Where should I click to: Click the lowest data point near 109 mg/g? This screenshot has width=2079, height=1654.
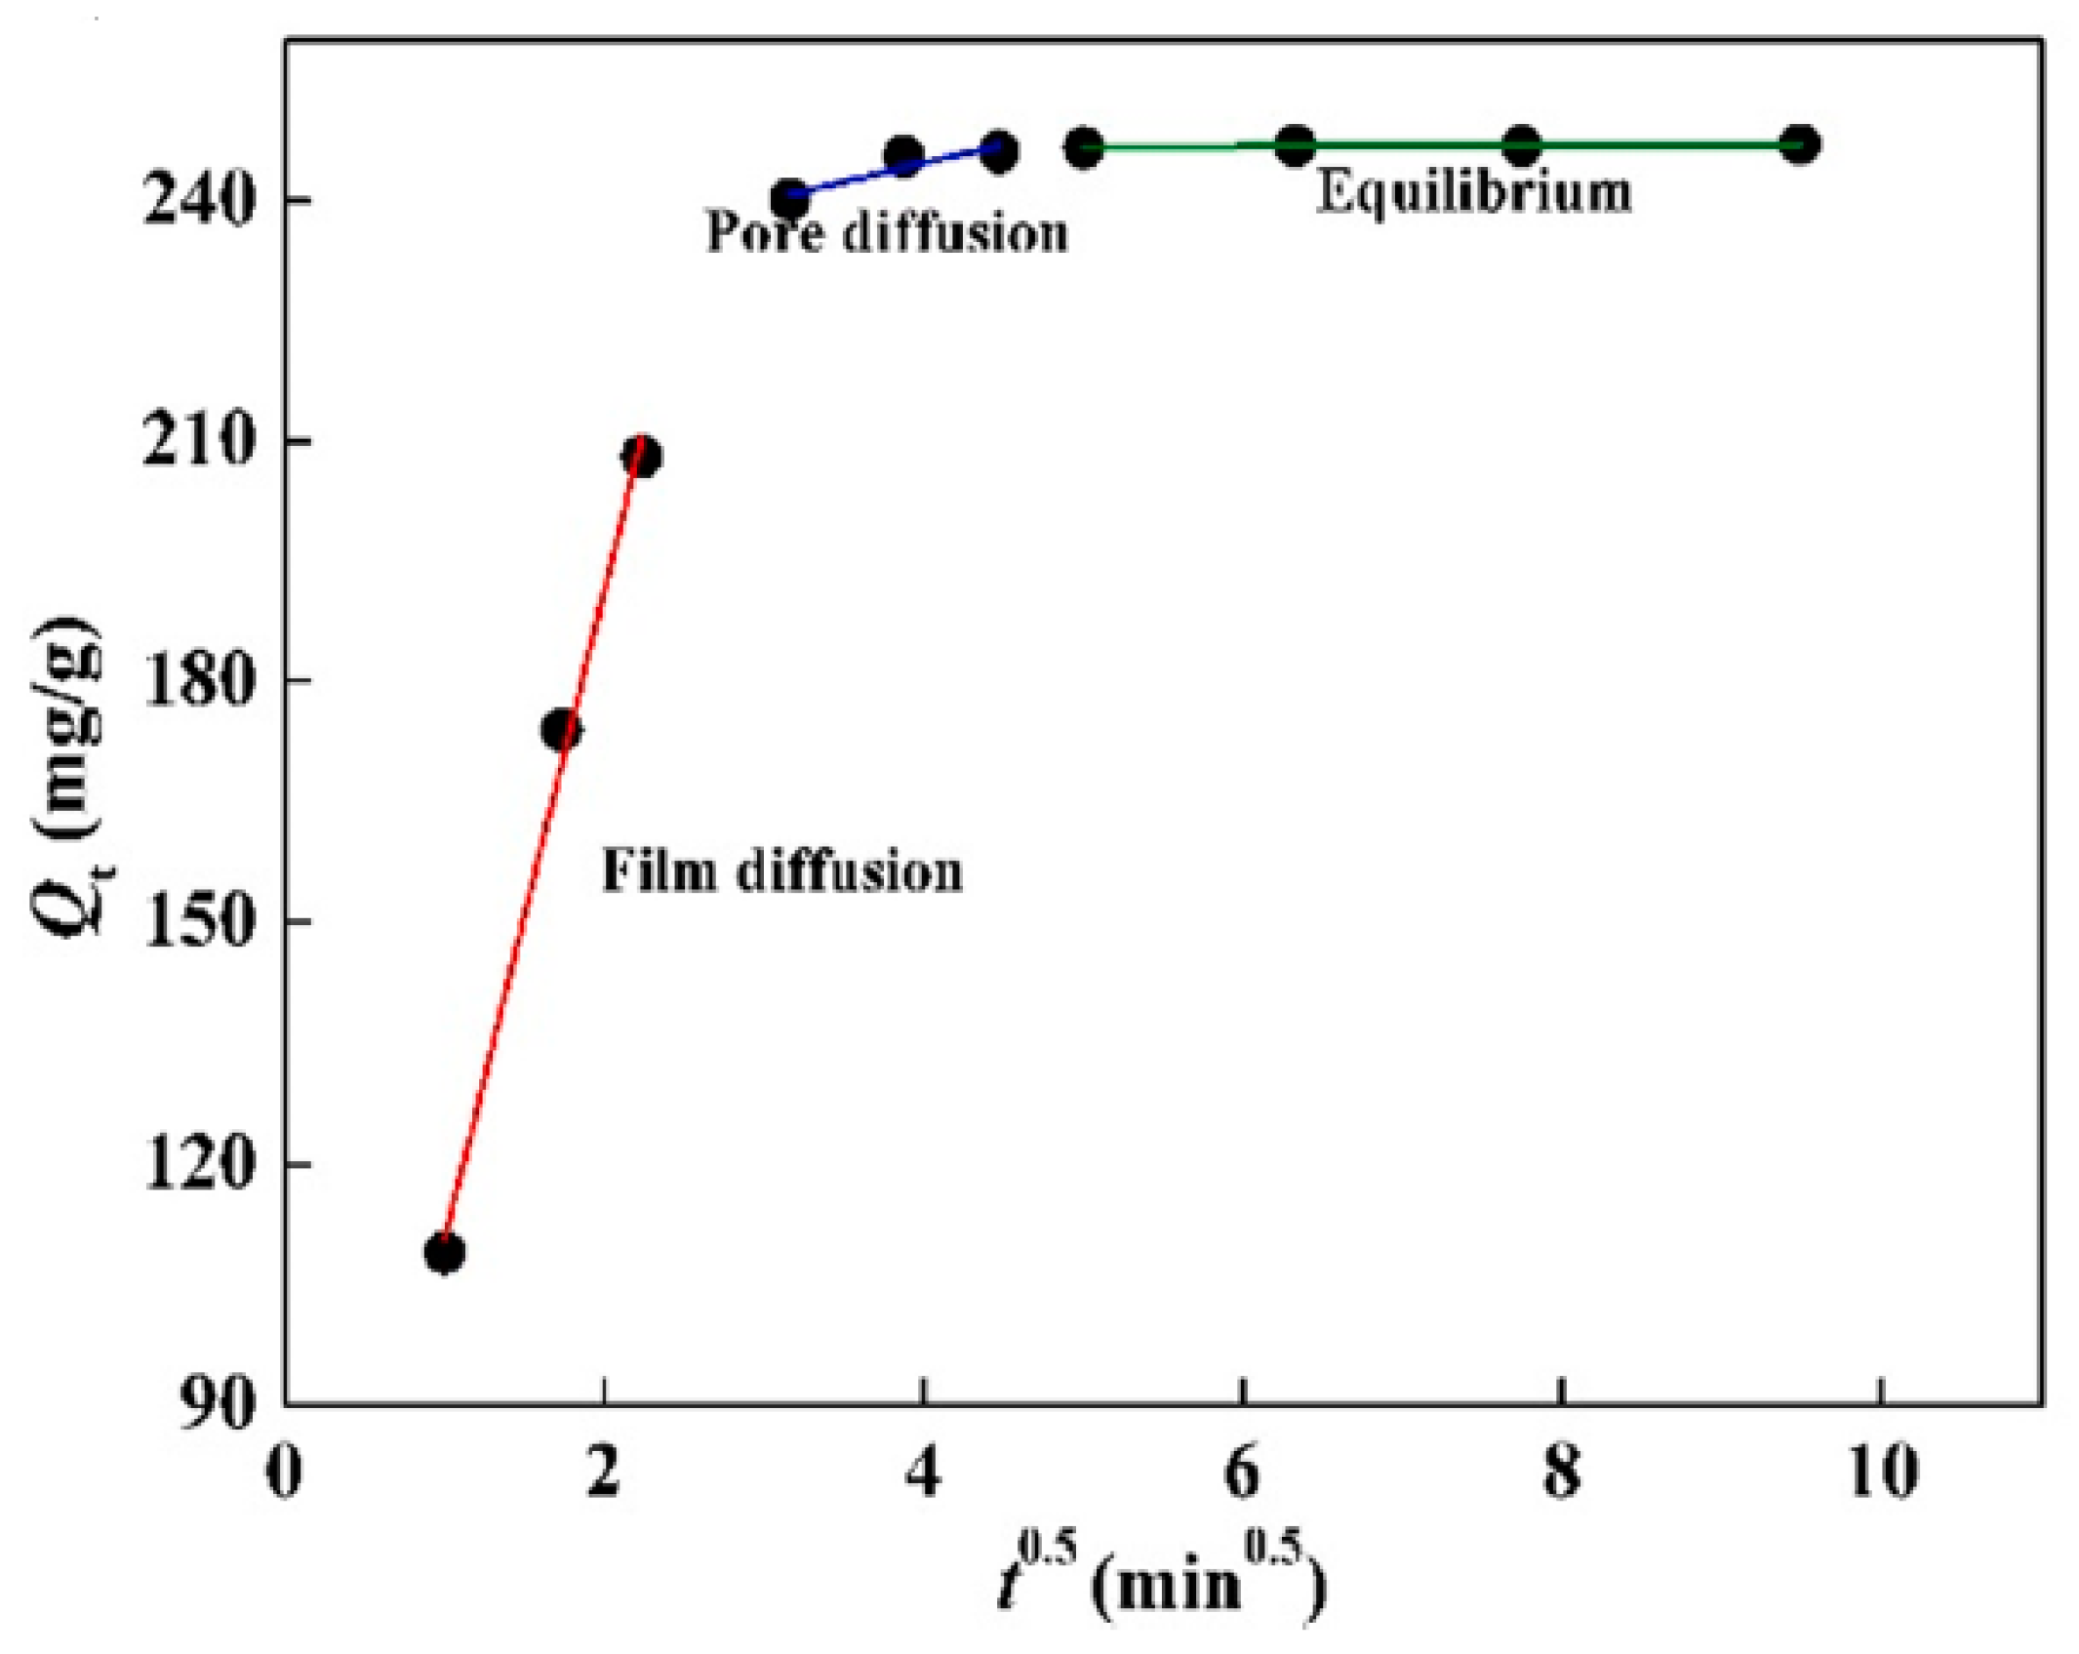[x=444, y=1253]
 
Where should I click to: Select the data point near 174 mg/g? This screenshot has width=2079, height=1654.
[x=561, y=730]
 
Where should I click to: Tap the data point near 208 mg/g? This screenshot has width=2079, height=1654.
[x=642, y=457]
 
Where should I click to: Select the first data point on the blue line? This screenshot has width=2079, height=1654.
[x=789, y=199]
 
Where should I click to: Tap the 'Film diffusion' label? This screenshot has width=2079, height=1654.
[x=781, y=871]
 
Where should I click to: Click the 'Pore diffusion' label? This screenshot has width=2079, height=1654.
[x=887, y=233]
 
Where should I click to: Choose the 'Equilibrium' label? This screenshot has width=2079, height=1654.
[x=1473, y=192]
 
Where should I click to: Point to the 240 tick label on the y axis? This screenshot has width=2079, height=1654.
[x=199, y=201]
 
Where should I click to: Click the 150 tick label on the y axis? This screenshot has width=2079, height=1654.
[x=199, y=921]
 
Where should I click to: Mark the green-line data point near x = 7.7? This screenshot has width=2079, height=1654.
[x=1522, y=146]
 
